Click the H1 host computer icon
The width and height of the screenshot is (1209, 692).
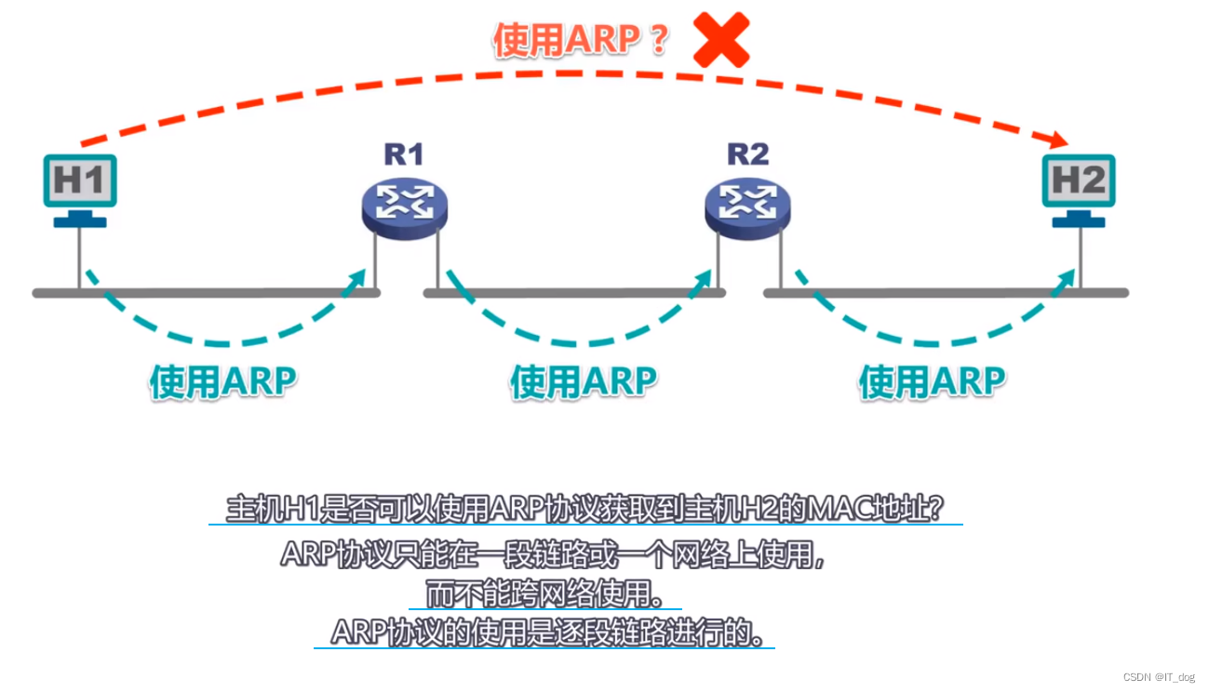[x=80, y=180]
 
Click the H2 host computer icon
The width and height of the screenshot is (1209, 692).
[x=1079, y=180]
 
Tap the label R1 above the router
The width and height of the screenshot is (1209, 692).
[x=403, y=153]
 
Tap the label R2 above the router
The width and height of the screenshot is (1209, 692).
[x=747, y=153]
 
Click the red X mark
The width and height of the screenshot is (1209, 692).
[x=721, y=39]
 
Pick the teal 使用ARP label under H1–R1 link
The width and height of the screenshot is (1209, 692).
[x=222, y=380]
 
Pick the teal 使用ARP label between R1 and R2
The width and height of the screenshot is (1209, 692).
[x=584, y=381]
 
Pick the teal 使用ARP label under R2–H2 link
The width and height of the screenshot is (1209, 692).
[x=932, y=381]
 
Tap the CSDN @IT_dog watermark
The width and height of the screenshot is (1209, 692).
[x=1158, y=676]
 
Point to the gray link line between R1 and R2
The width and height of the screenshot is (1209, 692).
[x=574, y=293]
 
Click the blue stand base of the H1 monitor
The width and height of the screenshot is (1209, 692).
[x=80, y=221]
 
